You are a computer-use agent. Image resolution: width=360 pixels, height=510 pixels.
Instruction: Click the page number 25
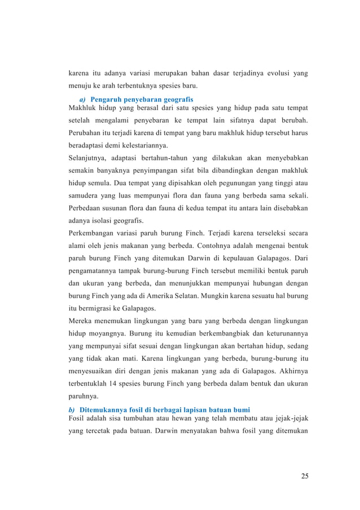tap(304, 476)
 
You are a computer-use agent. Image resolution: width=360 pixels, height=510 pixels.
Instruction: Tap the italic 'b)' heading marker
tap(72, 409)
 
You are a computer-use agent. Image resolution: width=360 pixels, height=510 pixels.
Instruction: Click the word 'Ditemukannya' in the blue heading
tap(105, 409)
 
